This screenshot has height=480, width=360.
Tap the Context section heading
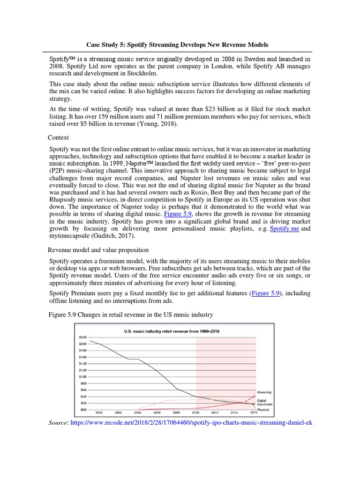[x=59, y=137]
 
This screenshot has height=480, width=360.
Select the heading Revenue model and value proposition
[x=98, y=250]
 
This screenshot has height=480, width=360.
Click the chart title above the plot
[x=172, y=331]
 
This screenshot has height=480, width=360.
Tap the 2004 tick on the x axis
[x=138, y=412]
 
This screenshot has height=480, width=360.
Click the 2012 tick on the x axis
[x=215, y=412]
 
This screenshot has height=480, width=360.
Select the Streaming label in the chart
[x=265, y=392]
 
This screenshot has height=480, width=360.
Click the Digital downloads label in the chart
[x=265, y=402]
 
